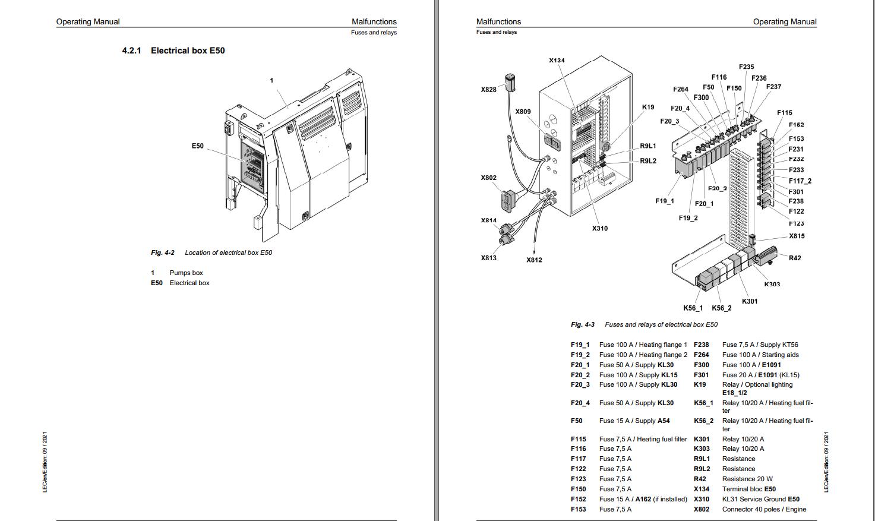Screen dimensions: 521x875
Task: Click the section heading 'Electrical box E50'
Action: [188, 50]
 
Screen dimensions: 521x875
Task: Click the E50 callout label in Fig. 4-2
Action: [198, 146]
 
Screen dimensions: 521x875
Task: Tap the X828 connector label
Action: [488, 90]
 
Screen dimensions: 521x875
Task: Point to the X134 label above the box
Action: [557, 61]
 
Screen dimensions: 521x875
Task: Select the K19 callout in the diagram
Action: [648, 108]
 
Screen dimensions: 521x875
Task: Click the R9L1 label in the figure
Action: [648, 146]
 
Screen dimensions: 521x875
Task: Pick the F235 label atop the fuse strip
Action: [746, 67]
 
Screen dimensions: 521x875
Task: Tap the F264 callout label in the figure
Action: [681, 90]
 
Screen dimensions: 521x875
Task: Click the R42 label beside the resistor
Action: [795, 258]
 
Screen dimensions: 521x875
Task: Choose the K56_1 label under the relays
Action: [693, 308]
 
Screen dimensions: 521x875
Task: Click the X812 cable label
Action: [534, 260]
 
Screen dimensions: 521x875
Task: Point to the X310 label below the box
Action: [600, 229]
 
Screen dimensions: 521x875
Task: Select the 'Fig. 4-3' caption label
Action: [582, 324]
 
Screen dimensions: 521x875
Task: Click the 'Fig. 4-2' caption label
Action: [163, 252]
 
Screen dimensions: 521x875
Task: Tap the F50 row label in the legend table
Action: [577, 421]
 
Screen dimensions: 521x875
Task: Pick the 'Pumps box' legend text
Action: [186, 273]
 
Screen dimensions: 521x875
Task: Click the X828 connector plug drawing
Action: [510, 82]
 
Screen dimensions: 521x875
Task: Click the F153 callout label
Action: [796, 139]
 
